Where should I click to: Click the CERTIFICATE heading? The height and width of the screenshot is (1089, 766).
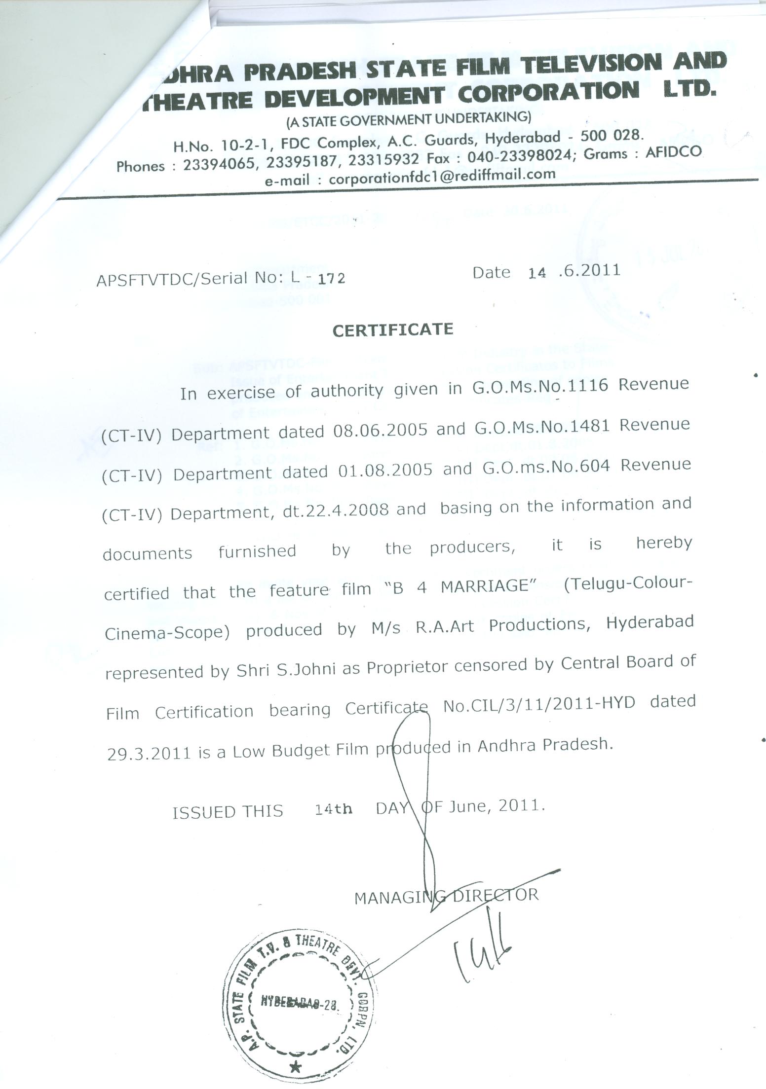(393, 329)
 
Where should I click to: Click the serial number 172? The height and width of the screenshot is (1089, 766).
(331, 279)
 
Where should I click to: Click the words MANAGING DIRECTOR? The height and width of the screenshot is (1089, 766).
(446, 896)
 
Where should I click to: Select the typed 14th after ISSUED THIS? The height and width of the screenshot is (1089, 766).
(334, 810)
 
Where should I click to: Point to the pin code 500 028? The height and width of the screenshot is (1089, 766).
(612, 135)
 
